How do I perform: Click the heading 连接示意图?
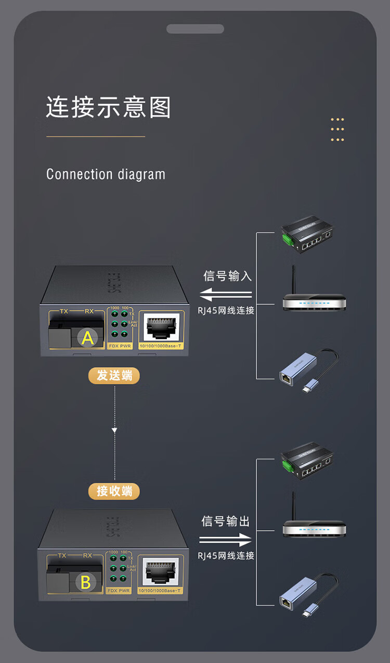pyautogui.click(x=108, y=107)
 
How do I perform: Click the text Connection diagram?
pyautogui.click(x=106, y=174)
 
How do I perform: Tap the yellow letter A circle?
pyautogui.click(x=88, y=338)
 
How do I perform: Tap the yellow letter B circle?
pyautogui.click(x=86, y=582)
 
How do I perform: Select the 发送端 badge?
pyautogui.click(x=114, y=375)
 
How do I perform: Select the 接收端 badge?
pyautogui.click(x=114, y=491)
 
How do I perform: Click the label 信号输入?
pyautogui.click(x=227, y=276)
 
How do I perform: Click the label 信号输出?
pyautogui.click(x=226, y=521)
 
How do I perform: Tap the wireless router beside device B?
pyautogui.click(x=314, y=523)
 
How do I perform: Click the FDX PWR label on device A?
pyautogui.click(x=120, y=346)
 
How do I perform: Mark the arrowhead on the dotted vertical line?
pyautogui.click(x=114, y=431)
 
